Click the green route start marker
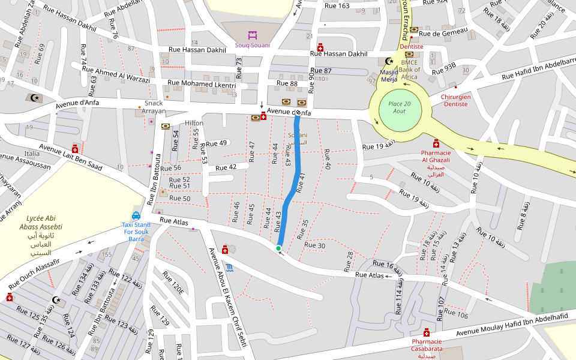278,248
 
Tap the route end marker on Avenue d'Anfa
298,112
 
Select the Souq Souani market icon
252,34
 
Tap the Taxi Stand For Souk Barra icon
136,215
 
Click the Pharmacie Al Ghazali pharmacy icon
436,144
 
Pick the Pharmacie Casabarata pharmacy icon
427,332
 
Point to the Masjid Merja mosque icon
389,61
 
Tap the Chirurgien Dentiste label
456,100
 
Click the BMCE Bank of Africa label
409,69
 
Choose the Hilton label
194,123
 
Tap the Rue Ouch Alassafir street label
34,272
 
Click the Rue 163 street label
337,5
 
